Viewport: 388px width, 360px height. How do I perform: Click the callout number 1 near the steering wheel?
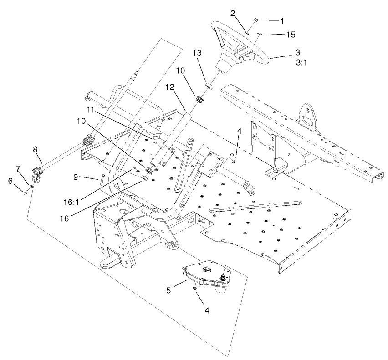(x=282, y=21)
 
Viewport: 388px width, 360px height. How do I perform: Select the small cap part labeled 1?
(x=256, y=20)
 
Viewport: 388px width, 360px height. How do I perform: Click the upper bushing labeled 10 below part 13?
(x=199, y=98)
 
